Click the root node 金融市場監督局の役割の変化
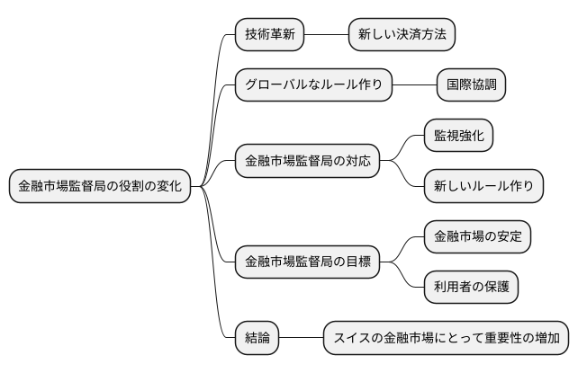pyautogui.click(x=100, y=187)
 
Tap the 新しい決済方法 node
pyautogui.click(x=402, y=35)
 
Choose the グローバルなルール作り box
pyautogui.click(x=313, y=85)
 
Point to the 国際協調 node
pyautogui.click(x=471, y=85)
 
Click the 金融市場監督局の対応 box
pyautogui.click(x=306, y=162)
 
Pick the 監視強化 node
pyautogui.click(x=458, y=136)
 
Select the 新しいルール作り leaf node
pyautogui.click(x=483, y=186)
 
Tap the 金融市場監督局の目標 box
pyautogui.click(x=306, y=262)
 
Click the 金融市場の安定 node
pyautogui.click(x=477, y=237)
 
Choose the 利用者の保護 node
pyautogui.click(x=471, y=288)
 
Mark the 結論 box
pyautogui.click(x=257, y=338)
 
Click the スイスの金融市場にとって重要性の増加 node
pyautogui.click(x=446, y=338)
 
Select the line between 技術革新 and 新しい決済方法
pyautogui.click(x=327, y=35)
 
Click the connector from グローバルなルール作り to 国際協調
pyautogui.click(x=414, y=85)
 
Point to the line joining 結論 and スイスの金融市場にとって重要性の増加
pyautogui.click(x=301, y=338)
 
